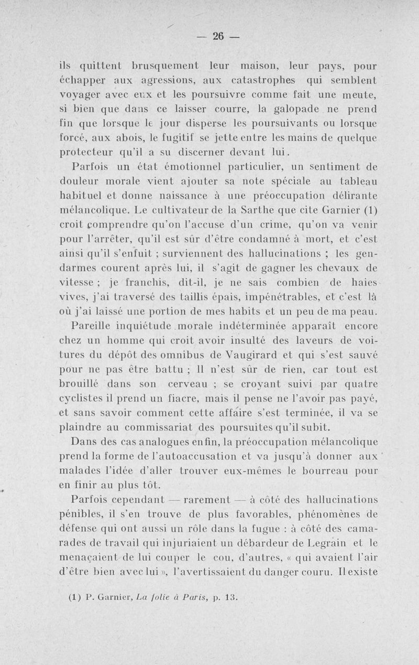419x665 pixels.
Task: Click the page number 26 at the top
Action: (x=218, y=36)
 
